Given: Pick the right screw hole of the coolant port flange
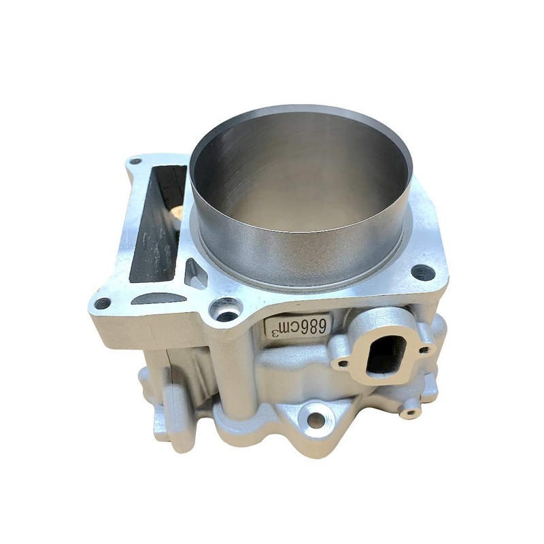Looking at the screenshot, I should [425, 350].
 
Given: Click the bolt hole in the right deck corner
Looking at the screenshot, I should [423, 273].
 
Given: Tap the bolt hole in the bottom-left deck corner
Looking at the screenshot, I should [102, 303].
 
